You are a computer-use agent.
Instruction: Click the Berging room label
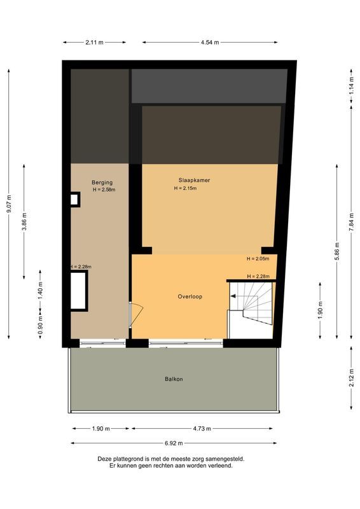102,183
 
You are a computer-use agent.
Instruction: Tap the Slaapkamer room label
194,180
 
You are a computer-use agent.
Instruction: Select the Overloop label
190,296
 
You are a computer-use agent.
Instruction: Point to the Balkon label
174,379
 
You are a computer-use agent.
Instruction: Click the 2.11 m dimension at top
95,42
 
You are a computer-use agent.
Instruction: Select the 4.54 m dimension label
210,42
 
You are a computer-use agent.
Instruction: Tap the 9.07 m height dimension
9,204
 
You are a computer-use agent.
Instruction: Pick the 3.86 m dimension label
24,221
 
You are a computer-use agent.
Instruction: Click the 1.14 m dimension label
351,86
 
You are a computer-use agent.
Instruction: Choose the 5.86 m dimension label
337,251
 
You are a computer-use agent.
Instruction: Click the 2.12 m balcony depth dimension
351,378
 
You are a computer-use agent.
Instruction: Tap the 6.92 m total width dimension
174,443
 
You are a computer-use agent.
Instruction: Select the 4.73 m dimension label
202,428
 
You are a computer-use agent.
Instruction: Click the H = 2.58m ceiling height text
104,190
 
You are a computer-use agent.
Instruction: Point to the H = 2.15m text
185,188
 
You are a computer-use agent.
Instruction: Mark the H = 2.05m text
258,259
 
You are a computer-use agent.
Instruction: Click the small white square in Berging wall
74,199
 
